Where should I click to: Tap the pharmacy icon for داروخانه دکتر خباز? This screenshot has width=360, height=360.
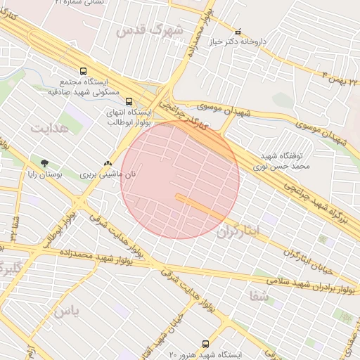[238, 32]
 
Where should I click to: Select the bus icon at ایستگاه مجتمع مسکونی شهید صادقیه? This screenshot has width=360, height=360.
[84, 71]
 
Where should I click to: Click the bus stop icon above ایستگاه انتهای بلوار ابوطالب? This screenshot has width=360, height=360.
[127, 101]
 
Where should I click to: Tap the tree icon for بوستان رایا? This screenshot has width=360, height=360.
[46, 162]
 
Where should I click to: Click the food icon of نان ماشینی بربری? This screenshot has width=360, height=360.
[108, 162]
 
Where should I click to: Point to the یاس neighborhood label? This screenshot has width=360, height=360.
[66, 310]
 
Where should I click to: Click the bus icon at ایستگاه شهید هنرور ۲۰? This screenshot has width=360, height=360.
[205, 344]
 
